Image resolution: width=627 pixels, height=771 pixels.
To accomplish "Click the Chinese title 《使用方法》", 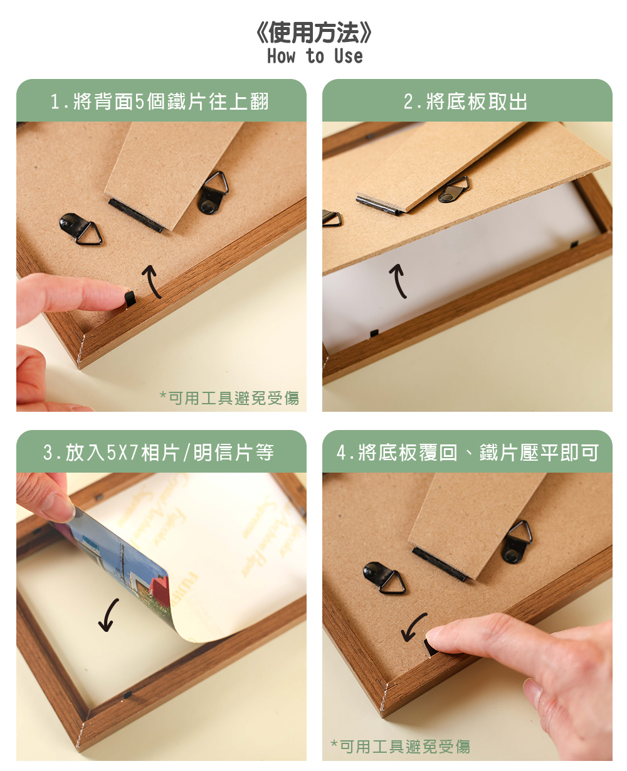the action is point(313,33).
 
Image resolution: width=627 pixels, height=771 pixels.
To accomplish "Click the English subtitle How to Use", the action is point(315,56).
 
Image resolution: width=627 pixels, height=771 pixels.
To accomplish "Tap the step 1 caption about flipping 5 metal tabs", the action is point(160,102).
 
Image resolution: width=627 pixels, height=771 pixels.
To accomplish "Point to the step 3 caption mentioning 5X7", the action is point(158,453).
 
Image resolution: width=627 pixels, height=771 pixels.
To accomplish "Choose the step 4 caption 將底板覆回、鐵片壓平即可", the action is point(467,453).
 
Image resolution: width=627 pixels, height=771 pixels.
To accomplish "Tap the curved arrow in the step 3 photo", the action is point(108,615).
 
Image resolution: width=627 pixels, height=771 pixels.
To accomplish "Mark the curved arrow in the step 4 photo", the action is point(413,627).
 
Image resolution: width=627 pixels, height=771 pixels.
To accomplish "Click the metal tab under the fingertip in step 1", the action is point(130,299).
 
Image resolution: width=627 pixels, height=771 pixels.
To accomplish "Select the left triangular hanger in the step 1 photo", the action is point(80,229).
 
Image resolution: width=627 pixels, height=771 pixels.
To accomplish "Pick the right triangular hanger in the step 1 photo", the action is point(213,192).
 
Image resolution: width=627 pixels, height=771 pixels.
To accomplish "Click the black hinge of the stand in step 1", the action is point(136,216).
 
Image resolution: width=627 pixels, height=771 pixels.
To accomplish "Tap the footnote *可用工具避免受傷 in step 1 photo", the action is point(229,398).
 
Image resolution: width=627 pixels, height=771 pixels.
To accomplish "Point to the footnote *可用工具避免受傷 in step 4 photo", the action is point(401,747).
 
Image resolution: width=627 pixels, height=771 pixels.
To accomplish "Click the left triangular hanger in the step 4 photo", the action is point(384,578).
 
